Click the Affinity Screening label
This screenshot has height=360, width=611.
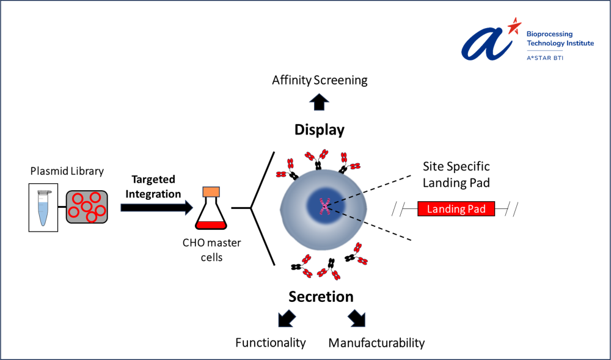coord(320,80)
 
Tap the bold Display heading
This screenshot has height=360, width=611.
coord(320,130)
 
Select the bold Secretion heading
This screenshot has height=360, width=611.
coord(321,296)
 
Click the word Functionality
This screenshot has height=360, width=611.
coord(271,342)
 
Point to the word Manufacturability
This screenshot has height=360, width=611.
coord(376,342)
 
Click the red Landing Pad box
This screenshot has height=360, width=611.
coord(456,209)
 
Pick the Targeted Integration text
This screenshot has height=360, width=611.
coord(153,186)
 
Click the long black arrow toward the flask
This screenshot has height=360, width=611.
coord(156,207)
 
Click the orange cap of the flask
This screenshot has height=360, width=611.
coord(211,192)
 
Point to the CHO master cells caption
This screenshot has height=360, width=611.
coord(212,250)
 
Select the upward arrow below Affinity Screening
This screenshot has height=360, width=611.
coord(319,101)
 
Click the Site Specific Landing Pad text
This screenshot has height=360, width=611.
coord(456,174)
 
